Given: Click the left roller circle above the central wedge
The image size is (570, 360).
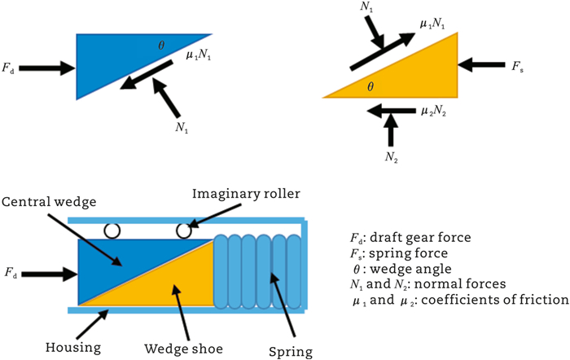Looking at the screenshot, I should coord(112,231).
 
